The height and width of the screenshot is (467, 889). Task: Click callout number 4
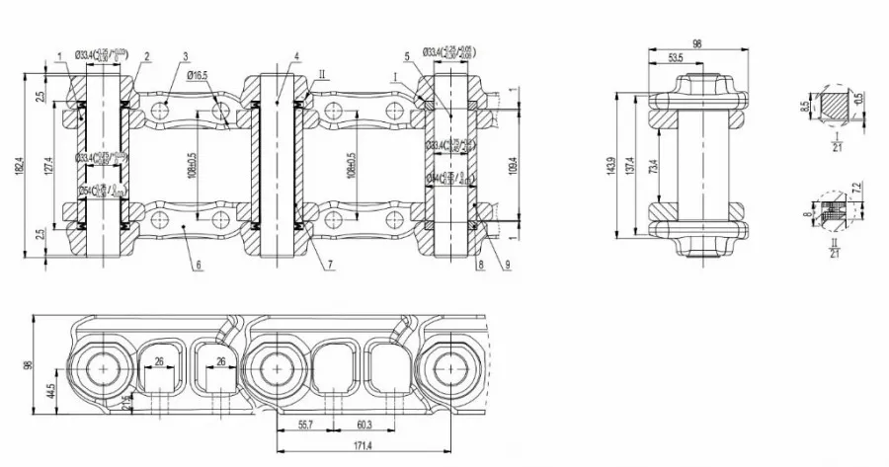click(293, 57)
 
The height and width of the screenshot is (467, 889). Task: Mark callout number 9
click(508, 266)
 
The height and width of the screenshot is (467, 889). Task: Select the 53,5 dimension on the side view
click(676, 59)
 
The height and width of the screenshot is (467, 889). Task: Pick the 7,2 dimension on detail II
click(856, 186)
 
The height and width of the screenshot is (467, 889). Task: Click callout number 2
click(146, 57)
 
